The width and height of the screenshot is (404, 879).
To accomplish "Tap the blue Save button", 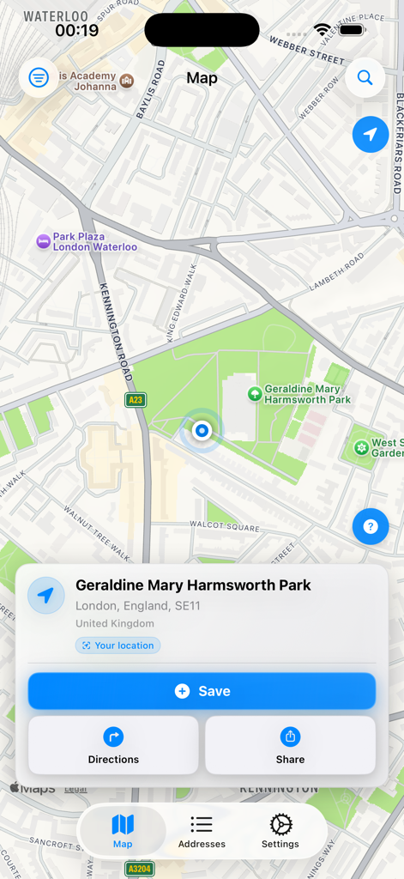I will pos(202,691).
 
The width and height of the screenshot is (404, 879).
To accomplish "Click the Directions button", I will pos(113,745).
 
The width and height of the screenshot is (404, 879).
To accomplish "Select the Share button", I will pos(290,745).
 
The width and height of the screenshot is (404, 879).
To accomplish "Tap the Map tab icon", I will pos(123,826).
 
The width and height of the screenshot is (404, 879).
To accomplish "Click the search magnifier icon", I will pos(365,78).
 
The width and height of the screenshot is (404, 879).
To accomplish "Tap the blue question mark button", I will pos(371,526).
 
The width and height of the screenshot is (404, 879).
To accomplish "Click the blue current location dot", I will pos(202,430).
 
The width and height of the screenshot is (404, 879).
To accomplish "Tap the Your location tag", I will pos(118,646).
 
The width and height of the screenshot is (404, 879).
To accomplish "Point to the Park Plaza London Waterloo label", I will pos(94,242).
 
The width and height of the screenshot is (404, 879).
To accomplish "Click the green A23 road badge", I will pos(136,400).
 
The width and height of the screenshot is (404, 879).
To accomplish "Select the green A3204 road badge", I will pos(140,870).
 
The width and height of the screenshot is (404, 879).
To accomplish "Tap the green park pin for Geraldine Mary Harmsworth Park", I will pos(255,394).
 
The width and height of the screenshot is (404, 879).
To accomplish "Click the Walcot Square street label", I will pos(224,526).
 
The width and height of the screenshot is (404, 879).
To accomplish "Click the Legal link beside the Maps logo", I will pos(75,788).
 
